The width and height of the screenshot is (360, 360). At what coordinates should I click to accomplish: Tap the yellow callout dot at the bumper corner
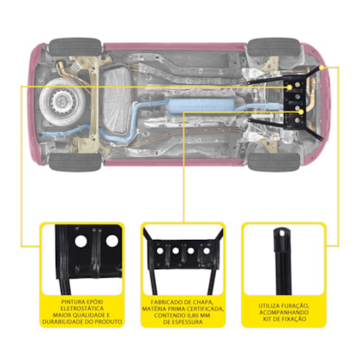coord(321,68)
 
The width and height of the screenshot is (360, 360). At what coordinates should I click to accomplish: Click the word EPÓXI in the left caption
coord(94,302)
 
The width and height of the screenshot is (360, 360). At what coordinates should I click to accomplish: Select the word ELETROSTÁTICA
coord(82,309)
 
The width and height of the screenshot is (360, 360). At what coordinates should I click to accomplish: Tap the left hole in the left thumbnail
coord(81,242)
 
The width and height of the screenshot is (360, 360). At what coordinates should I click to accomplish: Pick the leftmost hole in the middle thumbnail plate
coord(160,251)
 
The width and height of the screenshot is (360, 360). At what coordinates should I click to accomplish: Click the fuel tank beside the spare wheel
coord(117,100)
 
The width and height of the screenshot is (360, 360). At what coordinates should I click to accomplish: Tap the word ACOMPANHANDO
coord(284,312)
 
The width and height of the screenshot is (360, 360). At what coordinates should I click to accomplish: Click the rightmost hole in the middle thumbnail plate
coord(207,251)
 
